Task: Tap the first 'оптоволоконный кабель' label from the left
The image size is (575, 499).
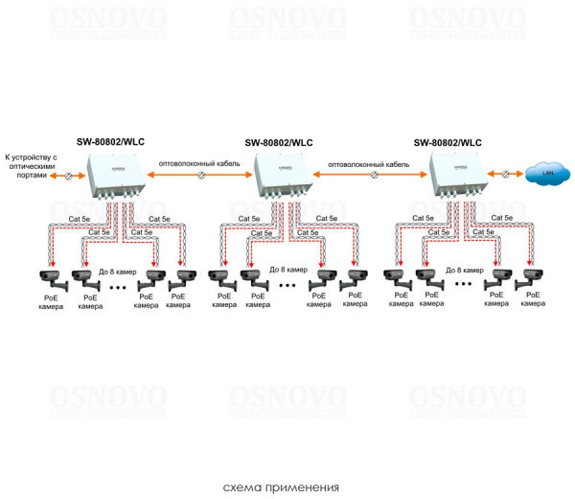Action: pos(198,163)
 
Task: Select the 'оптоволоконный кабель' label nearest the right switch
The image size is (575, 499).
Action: pos(368,164)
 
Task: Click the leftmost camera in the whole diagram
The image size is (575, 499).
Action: pos(50,279)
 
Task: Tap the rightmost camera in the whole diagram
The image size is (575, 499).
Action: pos(529,279)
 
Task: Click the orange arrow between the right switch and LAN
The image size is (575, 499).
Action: pos(503,174)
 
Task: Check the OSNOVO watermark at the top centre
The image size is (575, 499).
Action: pos(287,20)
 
